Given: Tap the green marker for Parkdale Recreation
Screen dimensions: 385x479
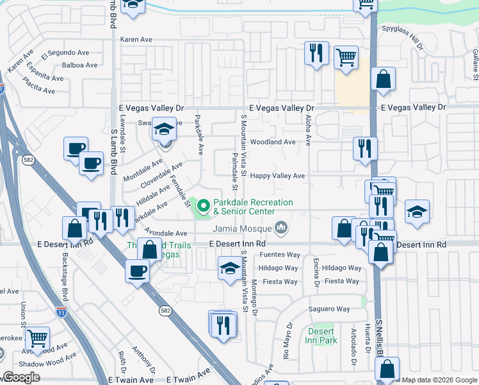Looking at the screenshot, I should point(204,206).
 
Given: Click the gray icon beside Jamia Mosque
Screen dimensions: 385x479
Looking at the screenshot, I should point(280,228).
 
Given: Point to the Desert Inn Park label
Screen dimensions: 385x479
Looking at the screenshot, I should point(320,336).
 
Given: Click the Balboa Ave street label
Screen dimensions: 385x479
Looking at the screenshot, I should point(79,65).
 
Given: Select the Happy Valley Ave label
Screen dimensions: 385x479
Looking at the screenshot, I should point(277,175).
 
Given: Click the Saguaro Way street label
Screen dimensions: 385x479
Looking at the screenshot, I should point(330,309).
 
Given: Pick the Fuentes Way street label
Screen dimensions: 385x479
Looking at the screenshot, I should point(280,255).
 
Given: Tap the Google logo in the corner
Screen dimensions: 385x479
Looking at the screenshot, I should point(21,377).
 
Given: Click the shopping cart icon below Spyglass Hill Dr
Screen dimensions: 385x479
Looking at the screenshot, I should point(346,57).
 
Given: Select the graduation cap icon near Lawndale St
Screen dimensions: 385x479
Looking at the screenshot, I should point(164,130).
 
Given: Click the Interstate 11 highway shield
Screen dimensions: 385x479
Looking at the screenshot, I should point(61,312).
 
